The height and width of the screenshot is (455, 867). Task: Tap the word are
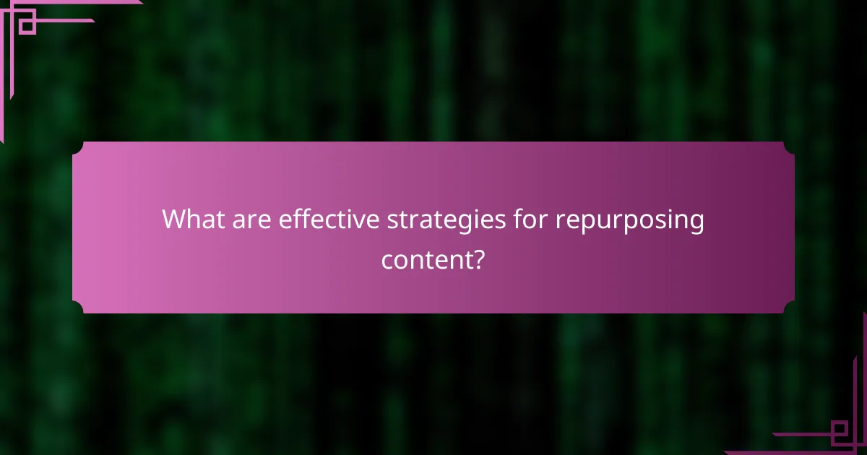(x=252, y=220)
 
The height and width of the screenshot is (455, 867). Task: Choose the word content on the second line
(x=426, y=260)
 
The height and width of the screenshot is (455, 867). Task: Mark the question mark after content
(x=478, y=259)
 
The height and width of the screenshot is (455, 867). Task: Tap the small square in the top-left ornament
(x=27, y=25)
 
